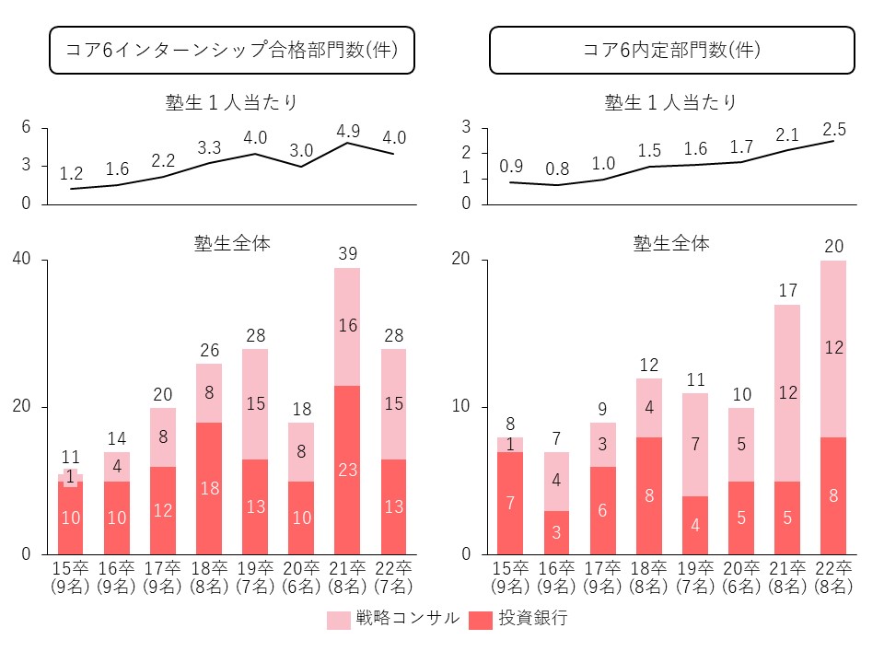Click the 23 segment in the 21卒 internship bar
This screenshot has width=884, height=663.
point(347,470)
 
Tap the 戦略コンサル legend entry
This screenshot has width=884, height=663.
point(392,619)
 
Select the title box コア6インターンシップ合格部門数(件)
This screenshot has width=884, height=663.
point(231,50)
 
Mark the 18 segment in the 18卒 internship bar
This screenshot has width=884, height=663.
point(208,488)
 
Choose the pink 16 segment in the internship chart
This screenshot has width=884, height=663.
point(347,327)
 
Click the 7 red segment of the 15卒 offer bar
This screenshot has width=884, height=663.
point(511,503)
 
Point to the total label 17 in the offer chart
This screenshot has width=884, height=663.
point(786,290)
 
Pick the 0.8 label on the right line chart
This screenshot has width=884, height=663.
point(557,169)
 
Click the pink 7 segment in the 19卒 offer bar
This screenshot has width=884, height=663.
point(695,445)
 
